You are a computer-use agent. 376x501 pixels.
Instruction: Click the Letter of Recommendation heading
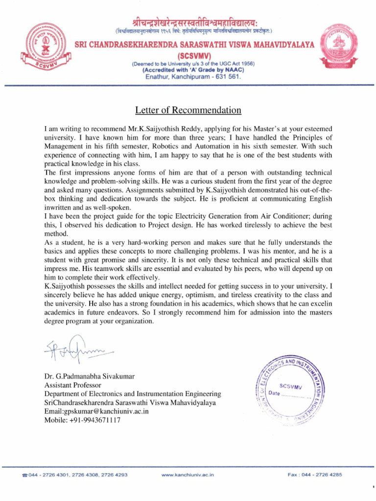point(188,110)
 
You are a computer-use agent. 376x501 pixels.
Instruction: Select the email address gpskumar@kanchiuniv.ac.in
point(96,411)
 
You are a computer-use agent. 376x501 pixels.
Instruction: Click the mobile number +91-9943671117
point(82,420)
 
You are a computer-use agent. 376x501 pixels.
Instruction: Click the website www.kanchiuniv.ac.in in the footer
point(188,475)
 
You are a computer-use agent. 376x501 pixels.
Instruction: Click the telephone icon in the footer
point(25,476)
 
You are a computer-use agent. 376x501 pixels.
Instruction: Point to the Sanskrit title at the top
point(188,22)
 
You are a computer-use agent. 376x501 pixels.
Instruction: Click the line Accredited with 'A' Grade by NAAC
point(193,70)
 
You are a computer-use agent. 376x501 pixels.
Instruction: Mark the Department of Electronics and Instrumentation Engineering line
point(133,394)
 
